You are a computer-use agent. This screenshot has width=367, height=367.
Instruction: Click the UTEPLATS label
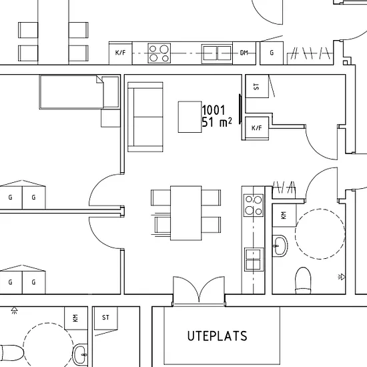tap(218, 336)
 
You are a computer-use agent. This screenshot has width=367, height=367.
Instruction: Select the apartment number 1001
tap(214, 110)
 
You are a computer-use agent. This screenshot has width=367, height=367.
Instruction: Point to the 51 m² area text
tap(217, 122)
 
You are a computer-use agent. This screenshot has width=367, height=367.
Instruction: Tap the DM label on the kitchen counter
tap(244, 53)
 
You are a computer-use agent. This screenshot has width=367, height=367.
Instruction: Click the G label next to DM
tap(272, 53)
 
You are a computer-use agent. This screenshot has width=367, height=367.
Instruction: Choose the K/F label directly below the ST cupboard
tap(257, 128)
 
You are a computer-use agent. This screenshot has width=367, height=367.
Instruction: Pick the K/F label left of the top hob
tap(120, 53)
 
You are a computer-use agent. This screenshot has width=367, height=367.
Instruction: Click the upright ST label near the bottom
tap(105, 318)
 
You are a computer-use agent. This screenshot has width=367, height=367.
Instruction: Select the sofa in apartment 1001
tap(145, 117)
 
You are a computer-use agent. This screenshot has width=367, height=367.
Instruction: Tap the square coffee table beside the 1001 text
tap(190, 117)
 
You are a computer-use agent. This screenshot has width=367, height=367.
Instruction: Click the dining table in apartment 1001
tap(186, 214)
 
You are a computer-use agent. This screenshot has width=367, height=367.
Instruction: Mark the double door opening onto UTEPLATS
tap(199, 291)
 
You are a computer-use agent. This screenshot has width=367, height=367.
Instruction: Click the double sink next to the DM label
tap(217, 53)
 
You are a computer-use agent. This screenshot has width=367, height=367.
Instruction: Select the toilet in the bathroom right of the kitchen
tap(303, 280)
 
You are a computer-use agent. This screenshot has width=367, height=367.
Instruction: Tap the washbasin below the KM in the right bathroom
tap(280, 246)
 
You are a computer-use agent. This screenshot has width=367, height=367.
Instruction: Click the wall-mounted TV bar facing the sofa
tap(240, 109)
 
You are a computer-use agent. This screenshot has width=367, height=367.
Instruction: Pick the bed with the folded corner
tap(71, 92)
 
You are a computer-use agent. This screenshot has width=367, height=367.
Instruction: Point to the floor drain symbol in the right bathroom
tap(342, 277)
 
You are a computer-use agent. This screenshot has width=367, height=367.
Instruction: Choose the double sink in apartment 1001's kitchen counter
tap(254, 260)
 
